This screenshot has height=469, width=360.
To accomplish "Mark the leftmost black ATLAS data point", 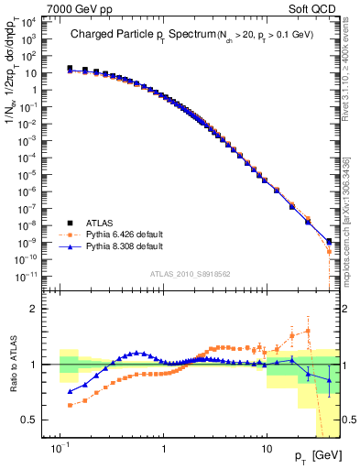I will point(70,68).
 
